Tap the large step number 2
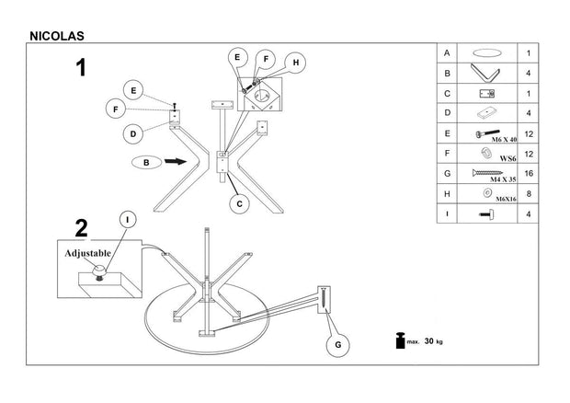pyautogui.click(x=82, y=227)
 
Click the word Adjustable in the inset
pyautogui.click(x=87, y=252)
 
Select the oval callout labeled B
pyautogui.click(x=146, y=163)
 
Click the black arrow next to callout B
pyautogui.click(x=175, y=163)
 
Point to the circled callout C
pyautogui.click(x=238, y=203)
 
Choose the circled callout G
pyautogui.click(x=337, y=345)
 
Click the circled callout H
pyautogui.click(x=296, y=63)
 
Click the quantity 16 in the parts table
pyautogui.click(x=528, y=173)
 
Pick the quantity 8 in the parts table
pyautogui.click(x=528, y=193)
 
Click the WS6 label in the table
pyautogui.click(x=506, y=159)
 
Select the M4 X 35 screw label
pyautogui.click(x=501, y=178)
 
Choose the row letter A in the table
pyautogui.click(x=446, y=52)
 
